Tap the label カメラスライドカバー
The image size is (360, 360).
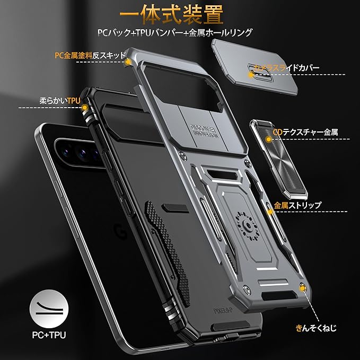286,68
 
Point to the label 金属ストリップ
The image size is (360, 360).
297,205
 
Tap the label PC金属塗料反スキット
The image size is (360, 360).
90,55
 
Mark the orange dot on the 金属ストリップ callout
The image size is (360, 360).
269,212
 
